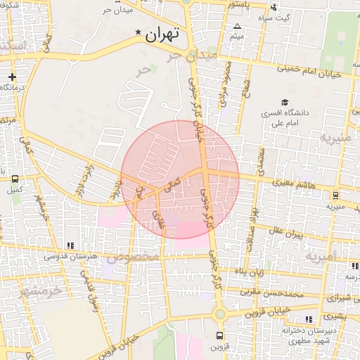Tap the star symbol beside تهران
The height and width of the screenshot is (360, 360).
pos(139,33)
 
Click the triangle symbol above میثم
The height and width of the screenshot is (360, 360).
pos(236,27)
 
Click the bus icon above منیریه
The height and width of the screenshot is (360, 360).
pos(335,195)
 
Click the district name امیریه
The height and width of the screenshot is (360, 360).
pos(322,256)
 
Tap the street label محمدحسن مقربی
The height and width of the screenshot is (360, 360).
pos(271,291)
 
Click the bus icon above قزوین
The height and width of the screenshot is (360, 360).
pos(219,335)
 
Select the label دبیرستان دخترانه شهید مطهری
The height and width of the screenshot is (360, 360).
pos(307,335)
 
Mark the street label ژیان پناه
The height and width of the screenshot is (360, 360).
pos(250,271)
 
